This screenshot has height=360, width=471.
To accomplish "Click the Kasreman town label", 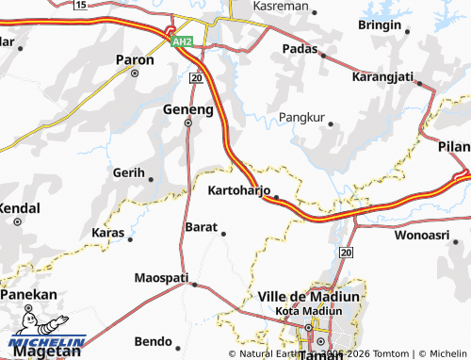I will coord(280,6).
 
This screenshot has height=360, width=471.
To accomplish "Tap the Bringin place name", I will coord(380,25).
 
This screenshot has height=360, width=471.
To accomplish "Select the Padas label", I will coord(300,49).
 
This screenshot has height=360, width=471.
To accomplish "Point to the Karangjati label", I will coord(382,77).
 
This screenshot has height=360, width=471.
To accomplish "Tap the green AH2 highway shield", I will coord(182,41).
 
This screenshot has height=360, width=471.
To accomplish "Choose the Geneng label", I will coord(188,108).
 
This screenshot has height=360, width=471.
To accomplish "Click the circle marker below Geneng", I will coord(187,123).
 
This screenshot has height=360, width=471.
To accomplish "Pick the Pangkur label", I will coord(302,118).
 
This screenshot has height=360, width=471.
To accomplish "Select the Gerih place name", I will coord(128,173).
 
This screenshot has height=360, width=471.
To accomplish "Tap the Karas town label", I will coord(107,232).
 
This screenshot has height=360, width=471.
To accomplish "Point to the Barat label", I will coord(202,227).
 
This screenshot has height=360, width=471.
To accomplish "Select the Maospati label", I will coord(161,278).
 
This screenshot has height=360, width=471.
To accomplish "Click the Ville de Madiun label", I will coord(309,296).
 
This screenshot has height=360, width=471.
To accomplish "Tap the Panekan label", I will coord(28,295).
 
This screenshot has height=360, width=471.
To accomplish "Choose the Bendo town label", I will coord(153,340).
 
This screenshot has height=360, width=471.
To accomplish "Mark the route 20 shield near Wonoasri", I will coord(346,253).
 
